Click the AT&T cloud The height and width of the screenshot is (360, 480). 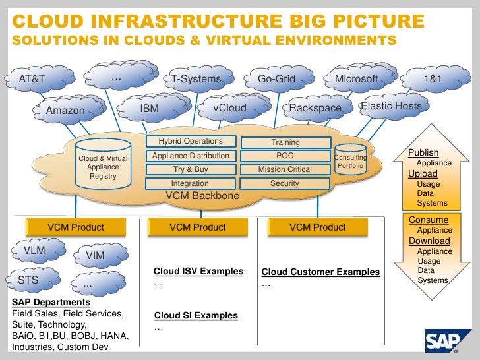(x=33, y=80)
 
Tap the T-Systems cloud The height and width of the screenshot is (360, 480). (x=196, y=80)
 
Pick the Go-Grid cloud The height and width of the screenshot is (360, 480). (x=276, y=80)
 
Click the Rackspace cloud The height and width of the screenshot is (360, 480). (x=315, y=108)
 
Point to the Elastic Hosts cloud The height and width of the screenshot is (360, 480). (x=391, y=106)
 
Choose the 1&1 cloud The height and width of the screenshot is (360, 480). (x=433, y=80)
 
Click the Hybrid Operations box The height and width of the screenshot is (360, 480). (x=191, y=142)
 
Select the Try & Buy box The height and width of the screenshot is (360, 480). (x=191, y=169)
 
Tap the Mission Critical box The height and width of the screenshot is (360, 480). (x=285, y=169)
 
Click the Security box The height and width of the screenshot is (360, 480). (x=285, y=183)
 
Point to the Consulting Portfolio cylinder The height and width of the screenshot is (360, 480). (x=350, y=162)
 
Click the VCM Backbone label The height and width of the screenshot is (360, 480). (x=202, y=196)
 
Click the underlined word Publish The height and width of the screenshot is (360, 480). (x=423, y=153)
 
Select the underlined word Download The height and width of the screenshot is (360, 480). (x=429, y=241)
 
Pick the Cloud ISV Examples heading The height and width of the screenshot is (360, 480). (x=198, y=272)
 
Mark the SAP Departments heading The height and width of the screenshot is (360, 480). (x=51, y=302)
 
